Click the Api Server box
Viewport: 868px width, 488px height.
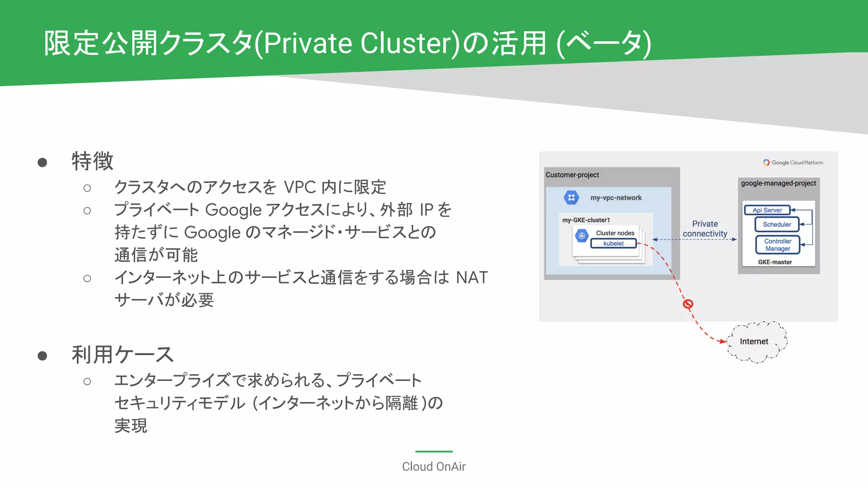click(x=767, y=210)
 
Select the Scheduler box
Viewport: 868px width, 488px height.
click(x=777, y=225)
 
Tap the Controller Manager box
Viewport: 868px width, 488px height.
click(x=778, y=245)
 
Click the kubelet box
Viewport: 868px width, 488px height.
click(x=613, y=244)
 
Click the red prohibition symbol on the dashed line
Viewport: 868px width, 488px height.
click(x=688, y=304)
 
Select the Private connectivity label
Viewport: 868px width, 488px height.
click(x=705, y=229)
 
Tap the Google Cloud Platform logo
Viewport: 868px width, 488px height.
click(x=793, y=163)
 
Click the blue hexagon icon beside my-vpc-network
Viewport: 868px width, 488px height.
click(x=571, y=197)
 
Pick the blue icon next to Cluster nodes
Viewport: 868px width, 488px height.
click(x=582, y=236)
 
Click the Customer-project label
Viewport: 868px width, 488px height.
click(x=572, y=175)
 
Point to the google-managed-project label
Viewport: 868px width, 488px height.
click(x=778, y=183)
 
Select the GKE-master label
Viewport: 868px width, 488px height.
click(x=775, y=262)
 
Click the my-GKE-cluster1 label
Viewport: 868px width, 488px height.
click(x=586, y=220)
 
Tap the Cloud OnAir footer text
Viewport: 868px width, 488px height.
click(x=434, y=466)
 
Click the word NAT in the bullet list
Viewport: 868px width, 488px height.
click(x=472, y=278)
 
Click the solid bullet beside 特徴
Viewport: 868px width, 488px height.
click(x=42, y=163)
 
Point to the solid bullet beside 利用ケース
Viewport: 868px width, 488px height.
click(x=42, y=356)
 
